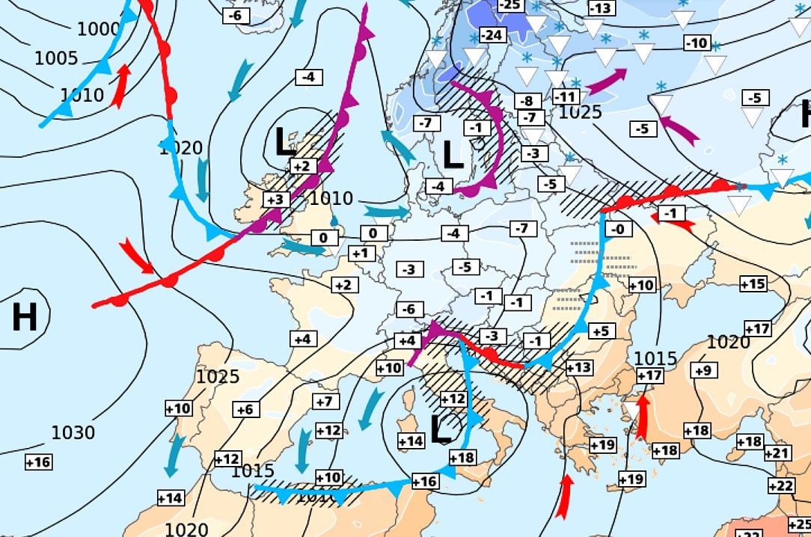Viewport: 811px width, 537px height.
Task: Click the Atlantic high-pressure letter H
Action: click(24, 318)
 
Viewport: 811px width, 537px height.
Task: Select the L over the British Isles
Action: click(285, 141)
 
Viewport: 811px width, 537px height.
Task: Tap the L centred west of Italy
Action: click(442, 428)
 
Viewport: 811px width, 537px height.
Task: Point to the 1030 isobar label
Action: click(73, 432)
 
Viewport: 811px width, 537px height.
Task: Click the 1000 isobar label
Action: click(99, 29)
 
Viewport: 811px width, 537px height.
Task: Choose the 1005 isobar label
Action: click(56, 58)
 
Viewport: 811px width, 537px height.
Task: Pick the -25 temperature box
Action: click(509, 5)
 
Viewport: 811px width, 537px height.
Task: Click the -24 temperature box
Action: click(491, 35)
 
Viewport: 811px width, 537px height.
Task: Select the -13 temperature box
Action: click(601, 8)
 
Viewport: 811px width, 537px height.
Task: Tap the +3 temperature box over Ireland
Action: click(275, 199)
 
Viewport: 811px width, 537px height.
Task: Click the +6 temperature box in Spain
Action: click(246, 409)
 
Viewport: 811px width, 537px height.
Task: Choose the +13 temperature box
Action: click(578, 367)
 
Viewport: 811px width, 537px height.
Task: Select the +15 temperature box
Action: click(753, 283)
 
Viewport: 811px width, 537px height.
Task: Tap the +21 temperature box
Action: click(777, 452)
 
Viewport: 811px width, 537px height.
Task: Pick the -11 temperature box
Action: click(566, 96)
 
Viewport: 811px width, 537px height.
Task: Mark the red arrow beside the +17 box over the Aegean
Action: click(641, 416)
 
